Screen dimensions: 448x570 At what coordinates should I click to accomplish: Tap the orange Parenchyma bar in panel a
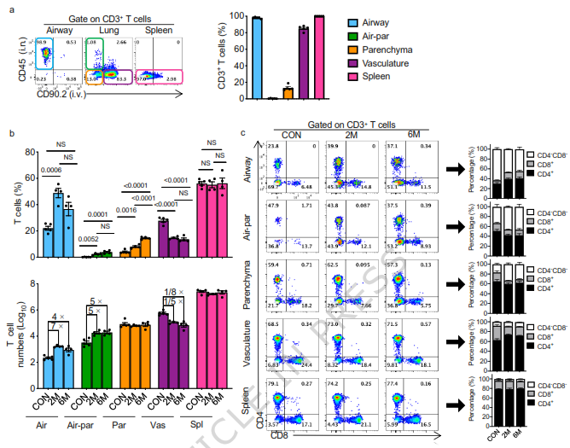[x=288, y=93]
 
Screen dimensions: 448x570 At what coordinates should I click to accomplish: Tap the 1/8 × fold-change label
[x=172, y=292]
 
